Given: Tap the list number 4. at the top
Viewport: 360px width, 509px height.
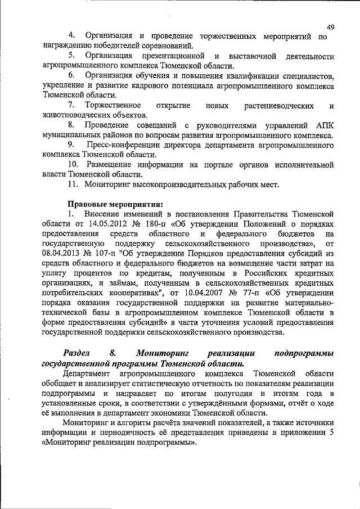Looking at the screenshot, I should coord(71,37).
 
